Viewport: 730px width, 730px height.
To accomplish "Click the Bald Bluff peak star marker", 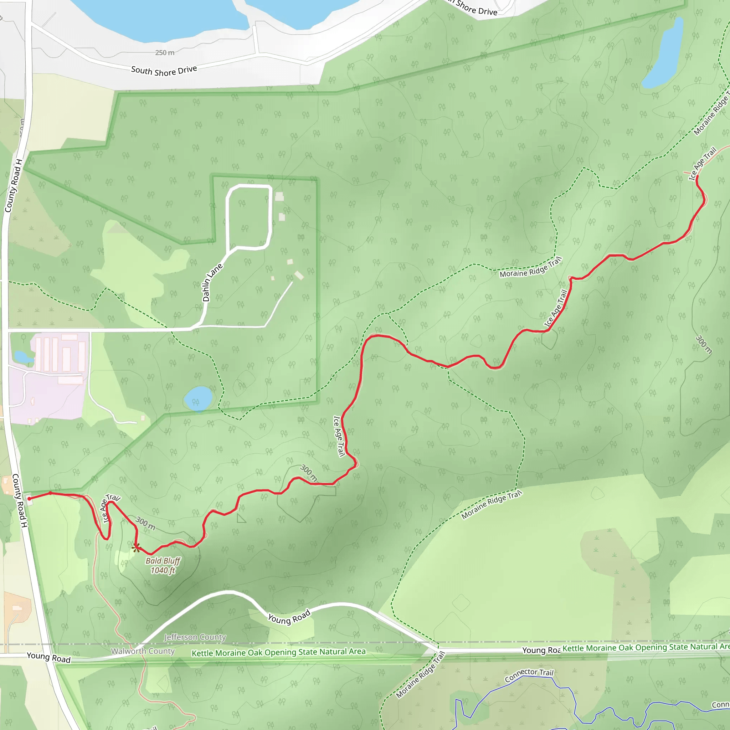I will [x=137, y=547].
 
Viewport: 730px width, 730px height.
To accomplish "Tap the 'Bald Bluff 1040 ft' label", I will [x=163, y=566].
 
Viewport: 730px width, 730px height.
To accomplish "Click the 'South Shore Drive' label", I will [x=164, y=71].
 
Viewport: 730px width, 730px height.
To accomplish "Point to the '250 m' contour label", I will [x=165, y=52].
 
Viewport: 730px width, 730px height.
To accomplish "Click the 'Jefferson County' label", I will [x=195, y=637].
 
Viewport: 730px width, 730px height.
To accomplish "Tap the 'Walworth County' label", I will [x=143, y=651].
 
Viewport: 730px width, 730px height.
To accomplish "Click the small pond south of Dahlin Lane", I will [x=198, y=398].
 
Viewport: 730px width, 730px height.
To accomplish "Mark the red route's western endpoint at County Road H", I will [x=30, y=499].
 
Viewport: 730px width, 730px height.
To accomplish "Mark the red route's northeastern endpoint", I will [x=697, y=176].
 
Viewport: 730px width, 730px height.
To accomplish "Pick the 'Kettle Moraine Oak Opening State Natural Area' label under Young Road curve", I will [x=278, y=653].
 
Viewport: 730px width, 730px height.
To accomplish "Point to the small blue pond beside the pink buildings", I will [x=23, y=356].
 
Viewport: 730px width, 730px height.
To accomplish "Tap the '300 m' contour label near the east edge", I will [x=704, y=345].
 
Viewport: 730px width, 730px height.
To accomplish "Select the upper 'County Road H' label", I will [x=13, y=185].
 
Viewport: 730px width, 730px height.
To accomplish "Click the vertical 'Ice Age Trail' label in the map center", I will [x=339, y=436].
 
